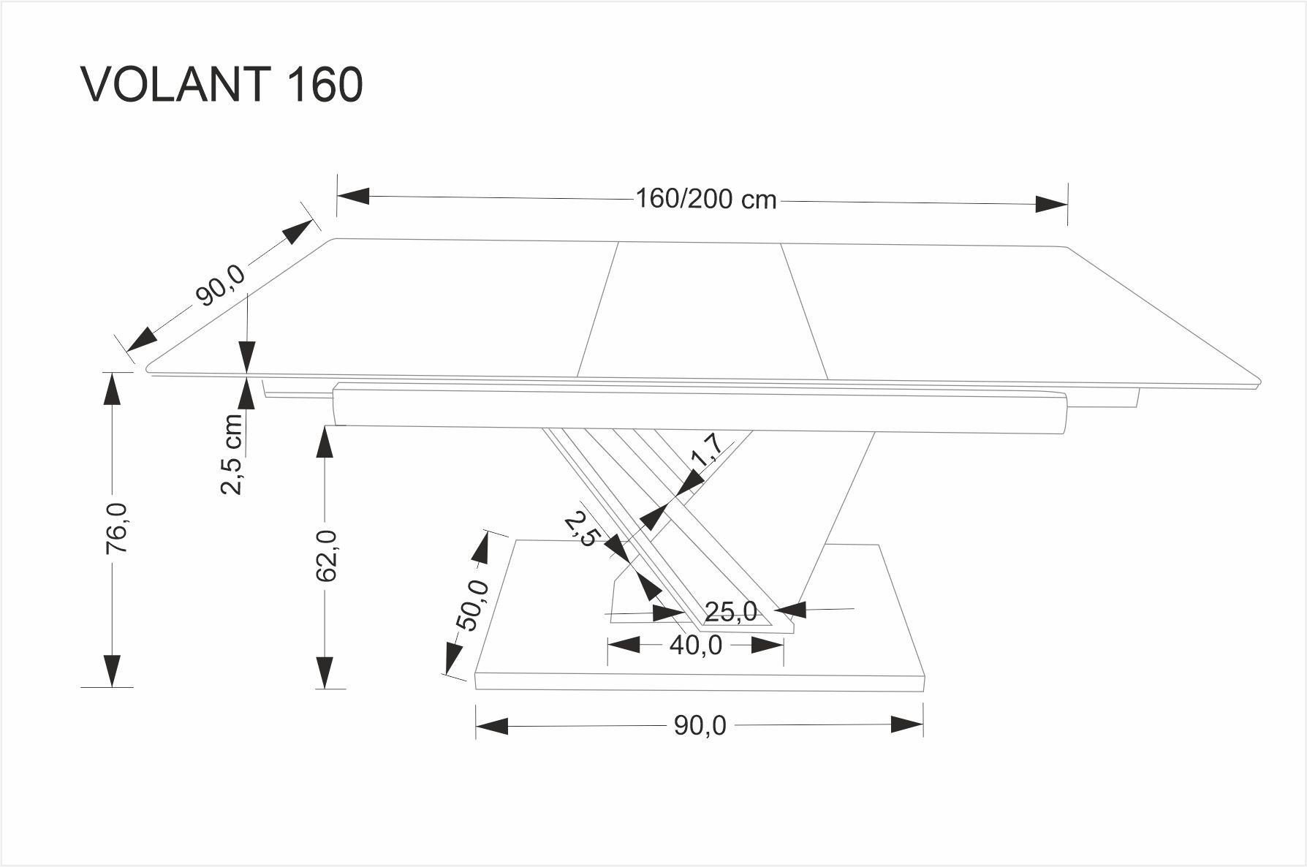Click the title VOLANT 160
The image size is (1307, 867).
tap(222, 85)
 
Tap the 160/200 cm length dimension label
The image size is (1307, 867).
tap(705, 199)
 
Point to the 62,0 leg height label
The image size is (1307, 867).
tap(327, 556)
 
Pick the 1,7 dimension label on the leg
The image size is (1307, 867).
tap(707, 450)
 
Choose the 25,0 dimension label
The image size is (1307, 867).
tap(731, 611)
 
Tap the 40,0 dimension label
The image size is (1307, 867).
tap(695, 645)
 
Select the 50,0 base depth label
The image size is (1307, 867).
tap(471, 605)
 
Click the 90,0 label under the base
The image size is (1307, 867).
tap(700, 725)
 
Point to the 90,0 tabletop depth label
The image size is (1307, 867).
tap(221, 285)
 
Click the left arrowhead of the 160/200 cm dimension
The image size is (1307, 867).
tap(353, 196)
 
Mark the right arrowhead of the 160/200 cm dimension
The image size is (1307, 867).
tap(1052, 204)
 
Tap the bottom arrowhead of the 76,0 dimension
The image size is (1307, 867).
tap(111, 670)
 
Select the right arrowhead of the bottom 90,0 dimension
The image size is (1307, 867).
tap(907, 725)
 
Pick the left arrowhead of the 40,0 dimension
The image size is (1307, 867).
tap(624, 645)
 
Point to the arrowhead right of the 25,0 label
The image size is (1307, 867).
tap(790, 609)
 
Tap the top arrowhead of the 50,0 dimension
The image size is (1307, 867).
tap(482, 548)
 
